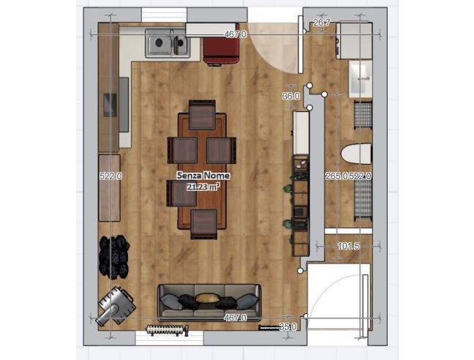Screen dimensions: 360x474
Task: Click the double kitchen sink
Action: [167, 44]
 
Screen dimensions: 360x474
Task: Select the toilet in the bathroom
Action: [356, 154]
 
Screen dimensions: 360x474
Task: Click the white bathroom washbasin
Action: [360, 79]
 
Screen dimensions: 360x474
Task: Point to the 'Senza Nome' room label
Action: [203, 176]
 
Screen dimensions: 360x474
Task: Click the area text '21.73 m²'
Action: [203, 187]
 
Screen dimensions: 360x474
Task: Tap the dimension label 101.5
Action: [350, 247]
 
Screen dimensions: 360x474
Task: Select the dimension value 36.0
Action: [291, 96]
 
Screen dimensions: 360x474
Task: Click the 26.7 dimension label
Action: [322, 23]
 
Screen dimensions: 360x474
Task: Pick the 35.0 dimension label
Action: [288, 327]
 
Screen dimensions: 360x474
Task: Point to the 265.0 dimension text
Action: [336, 176]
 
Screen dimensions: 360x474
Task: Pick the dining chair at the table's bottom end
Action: [204, 222]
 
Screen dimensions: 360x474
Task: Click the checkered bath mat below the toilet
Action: [363, 195]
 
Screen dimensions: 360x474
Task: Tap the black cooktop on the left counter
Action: [109, 105]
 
